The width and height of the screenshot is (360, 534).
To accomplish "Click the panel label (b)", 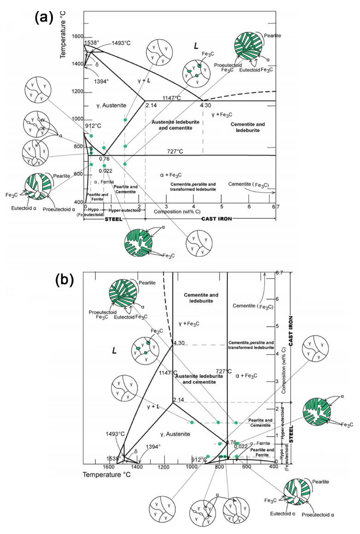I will click(64, 280).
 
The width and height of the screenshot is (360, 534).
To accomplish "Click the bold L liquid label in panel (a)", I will click(196, 46).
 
